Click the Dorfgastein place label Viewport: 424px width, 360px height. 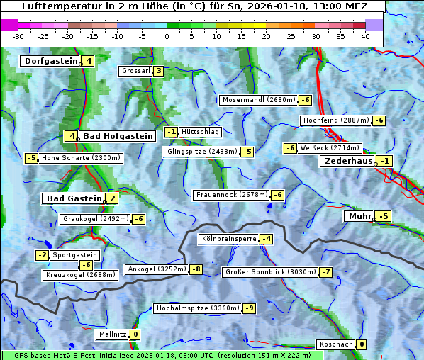50,61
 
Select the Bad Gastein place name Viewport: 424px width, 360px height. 74,198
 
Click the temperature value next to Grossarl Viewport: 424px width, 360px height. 159,71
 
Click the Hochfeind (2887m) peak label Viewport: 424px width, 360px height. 335,120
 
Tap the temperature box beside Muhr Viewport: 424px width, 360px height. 384,216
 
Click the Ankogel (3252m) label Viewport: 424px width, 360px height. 156,269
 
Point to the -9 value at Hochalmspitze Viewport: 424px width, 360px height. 249,308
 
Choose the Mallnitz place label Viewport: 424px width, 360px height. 112,334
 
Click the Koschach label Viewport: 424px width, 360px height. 336,344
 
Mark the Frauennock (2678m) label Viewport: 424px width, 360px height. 231,195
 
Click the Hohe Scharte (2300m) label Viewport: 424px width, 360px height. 81,158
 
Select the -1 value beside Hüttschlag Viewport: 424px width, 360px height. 171,132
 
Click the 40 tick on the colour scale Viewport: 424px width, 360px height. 365,36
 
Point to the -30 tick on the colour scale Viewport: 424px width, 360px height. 18,36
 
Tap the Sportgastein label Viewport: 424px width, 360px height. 75,255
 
